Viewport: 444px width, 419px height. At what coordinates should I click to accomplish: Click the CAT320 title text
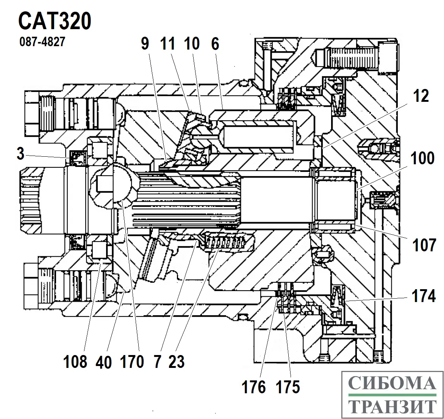55,21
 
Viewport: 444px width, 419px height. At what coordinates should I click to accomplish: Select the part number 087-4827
42,41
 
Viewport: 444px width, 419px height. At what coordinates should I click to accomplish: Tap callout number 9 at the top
145,44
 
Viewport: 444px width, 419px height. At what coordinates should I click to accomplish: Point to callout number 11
168,44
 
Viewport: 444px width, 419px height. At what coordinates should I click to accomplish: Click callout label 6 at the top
215,44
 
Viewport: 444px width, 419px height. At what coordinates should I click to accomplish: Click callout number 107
424,245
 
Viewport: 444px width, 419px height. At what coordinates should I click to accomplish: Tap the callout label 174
423,296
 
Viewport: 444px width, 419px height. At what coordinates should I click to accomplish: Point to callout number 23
177,362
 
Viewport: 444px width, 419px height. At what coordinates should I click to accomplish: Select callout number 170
132,362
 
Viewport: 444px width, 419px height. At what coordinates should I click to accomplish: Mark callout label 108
75,362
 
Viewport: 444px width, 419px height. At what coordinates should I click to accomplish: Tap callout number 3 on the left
20,154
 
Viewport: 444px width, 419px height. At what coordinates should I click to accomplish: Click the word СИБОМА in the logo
391,383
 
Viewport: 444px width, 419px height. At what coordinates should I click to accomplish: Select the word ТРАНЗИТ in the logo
391,407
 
